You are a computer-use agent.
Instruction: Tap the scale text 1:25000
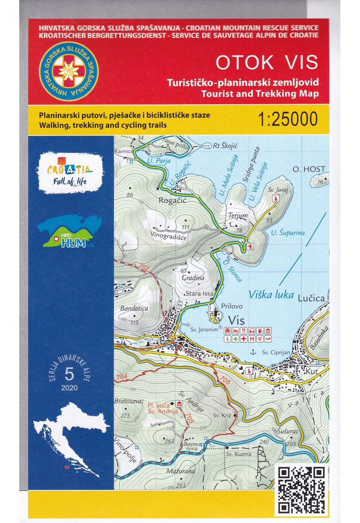pyautogui.click(x=288, y=119)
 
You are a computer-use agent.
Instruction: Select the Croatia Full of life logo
pyautogui.click(x=70, y=172)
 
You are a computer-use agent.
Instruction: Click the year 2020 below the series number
pyautogui.click(x=69, y=387)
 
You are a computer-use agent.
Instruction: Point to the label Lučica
pyautogui.click(x=311, y=299)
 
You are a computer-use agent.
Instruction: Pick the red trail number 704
pyautogui.click(x=122, y=377)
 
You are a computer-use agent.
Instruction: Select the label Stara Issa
pyautogui.click(x=199, y=294)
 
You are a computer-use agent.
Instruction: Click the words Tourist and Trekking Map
pyautogui.click(x=260, y=93)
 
